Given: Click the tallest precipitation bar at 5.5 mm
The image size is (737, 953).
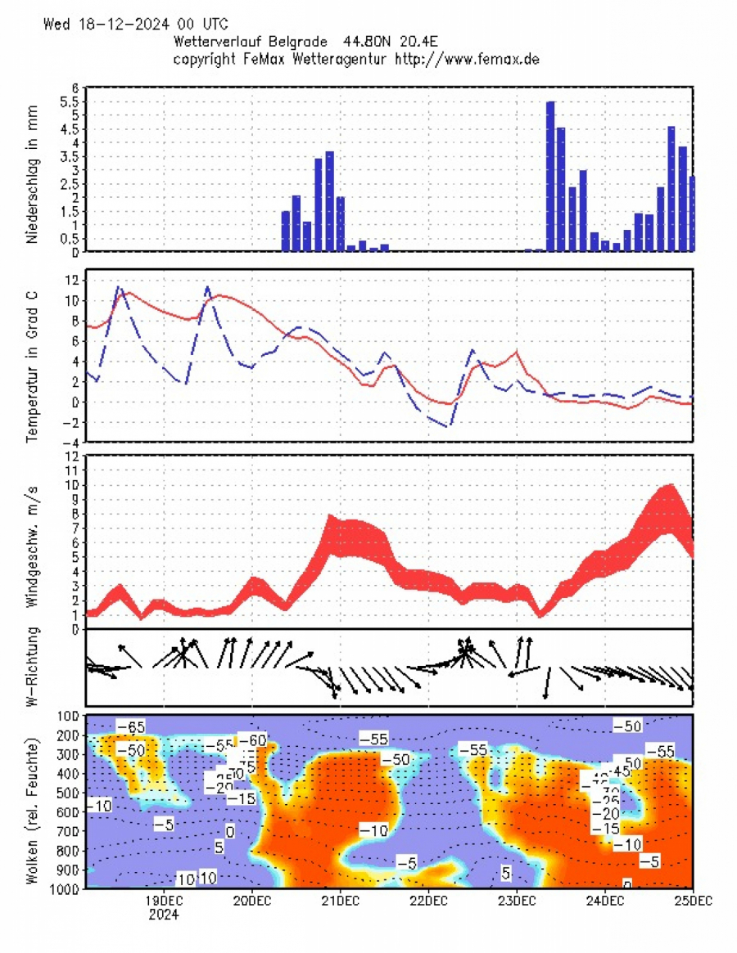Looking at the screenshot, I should point(550,176).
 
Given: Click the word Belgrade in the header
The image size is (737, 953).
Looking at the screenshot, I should point(300,41).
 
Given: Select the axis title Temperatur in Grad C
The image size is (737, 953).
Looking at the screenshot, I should point(34,357).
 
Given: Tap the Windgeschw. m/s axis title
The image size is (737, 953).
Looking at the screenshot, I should point(34,538).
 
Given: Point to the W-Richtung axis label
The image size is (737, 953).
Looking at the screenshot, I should point(34,667).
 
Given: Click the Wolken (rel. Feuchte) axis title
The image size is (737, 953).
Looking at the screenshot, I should point(34,802).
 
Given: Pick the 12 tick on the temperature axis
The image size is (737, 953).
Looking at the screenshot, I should point(72,280).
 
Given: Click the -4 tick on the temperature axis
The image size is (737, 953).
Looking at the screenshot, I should point(70,443).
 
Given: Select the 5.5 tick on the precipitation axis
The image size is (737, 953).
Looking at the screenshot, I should point(70,101).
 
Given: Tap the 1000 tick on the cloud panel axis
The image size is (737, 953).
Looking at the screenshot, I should point(66,888).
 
